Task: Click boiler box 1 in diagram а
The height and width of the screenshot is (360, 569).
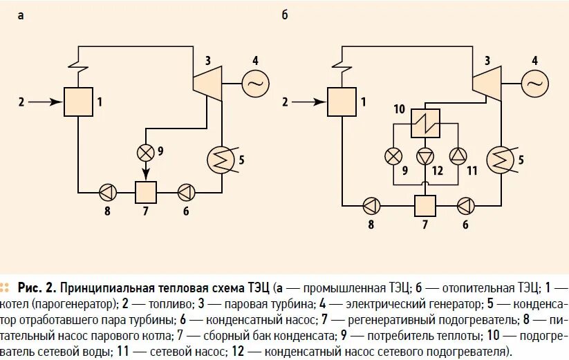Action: coord(77,102)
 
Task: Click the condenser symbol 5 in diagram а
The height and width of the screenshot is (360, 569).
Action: coord(221,159)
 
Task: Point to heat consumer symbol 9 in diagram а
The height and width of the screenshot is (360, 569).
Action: coord(146,151)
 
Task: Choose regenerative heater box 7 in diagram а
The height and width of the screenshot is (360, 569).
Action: coord(146,191)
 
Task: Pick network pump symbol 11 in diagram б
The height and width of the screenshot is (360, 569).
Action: coord(454,155)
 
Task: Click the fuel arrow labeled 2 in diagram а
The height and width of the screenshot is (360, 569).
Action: coord(41,102)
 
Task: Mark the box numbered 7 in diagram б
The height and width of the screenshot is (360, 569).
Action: coord(425,205)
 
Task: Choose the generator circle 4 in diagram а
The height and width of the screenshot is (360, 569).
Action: coord(254,84)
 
